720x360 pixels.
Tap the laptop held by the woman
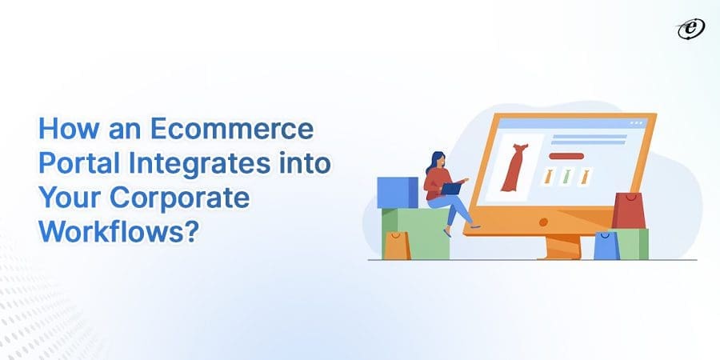click(x=452, y=189)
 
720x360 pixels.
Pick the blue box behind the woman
click(x=398, y=192)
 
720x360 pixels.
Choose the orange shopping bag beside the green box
click(x=396, y=246)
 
